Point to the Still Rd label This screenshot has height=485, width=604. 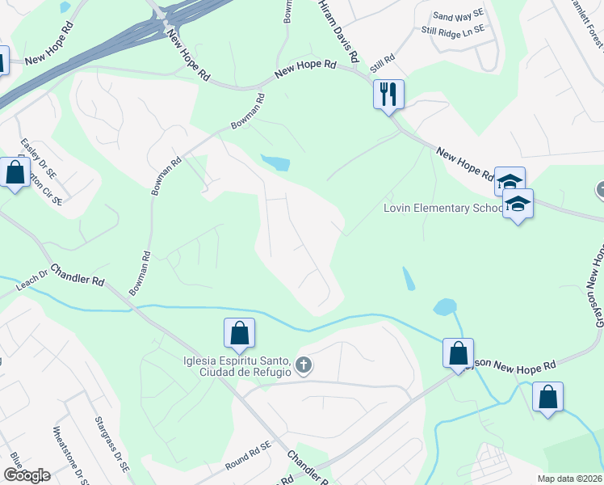[x=382, y=63]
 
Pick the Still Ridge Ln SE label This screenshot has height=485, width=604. [x=452, y=30]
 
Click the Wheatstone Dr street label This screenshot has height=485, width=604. [x=68, y=453]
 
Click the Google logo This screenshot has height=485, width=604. [x=26, y=474]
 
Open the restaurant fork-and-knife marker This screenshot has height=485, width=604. [x=388, y=94]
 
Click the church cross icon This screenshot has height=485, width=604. [x=304, y=365]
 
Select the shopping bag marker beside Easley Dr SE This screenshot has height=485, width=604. [x=15, y=172]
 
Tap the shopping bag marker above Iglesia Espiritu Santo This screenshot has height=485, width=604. [x=239, y=333]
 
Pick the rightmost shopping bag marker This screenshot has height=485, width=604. [x=547, y=397]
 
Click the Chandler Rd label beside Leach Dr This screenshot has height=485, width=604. [x=78, y=275]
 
